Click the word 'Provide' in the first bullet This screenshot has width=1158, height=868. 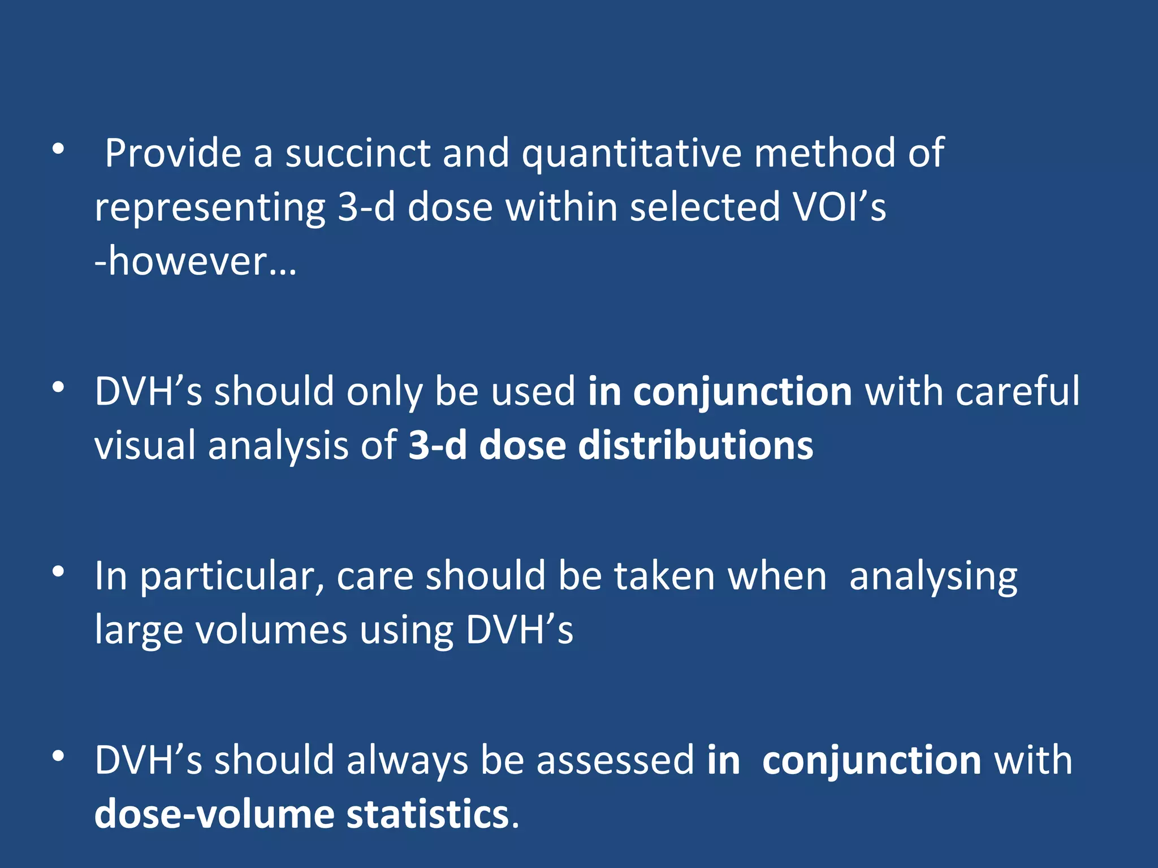point(173,154)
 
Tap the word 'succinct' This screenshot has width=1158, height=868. point(357,154)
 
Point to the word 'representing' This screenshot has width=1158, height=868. point(210,208)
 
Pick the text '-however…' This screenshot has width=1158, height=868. point(196,262)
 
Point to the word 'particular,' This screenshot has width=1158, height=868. point(232,578)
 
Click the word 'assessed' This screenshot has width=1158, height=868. point(615,761)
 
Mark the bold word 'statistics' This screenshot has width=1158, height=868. point(427,815)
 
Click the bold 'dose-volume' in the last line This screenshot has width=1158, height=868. point(214,815)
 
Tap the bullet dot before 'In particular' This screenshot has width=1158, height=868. point(58,572)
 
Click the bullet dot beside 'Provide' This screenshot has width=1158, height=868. point(58,149)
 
